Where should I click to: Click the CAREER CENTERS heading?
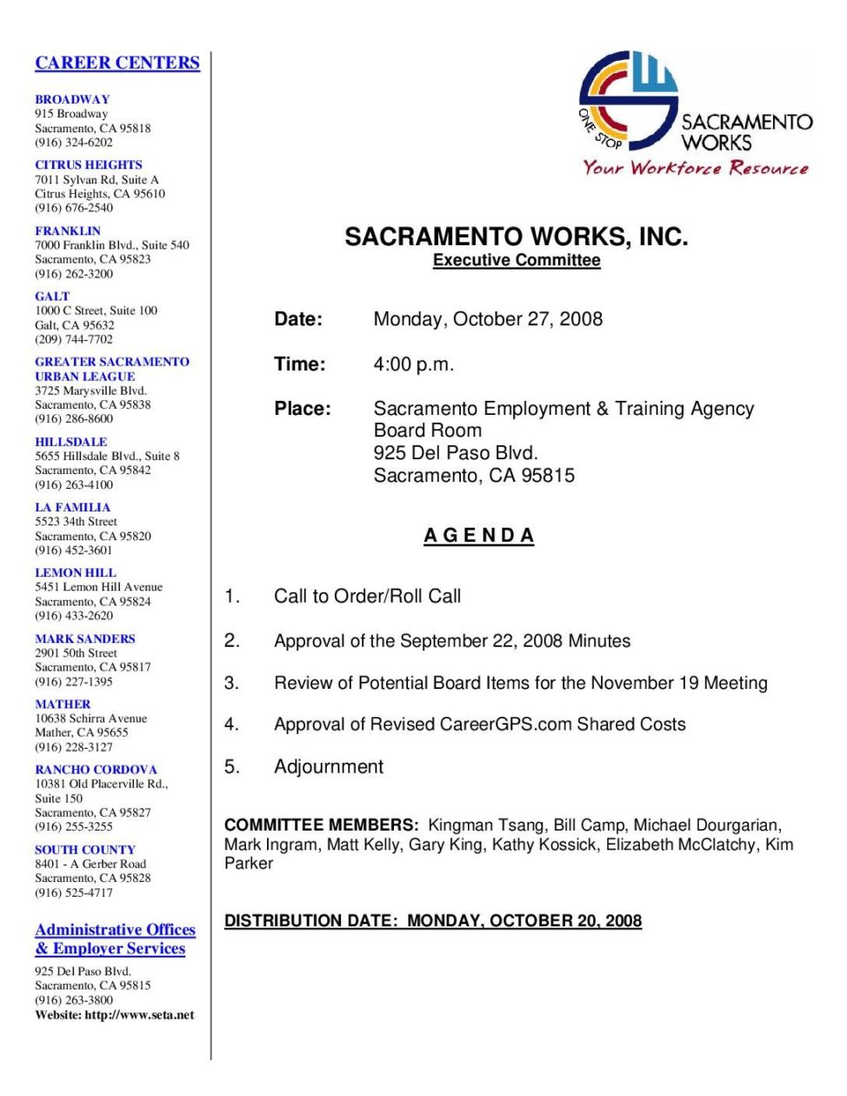pyautogui.click(x=117, y=63)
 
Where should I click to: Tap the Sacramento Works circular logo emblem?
pyautogui.click(x=628, y=100)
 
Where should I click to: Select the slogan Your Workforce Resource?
pyautogui.click(x=696, y=168)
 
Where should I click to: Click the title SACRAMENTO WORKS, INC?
pyautogui.click(x=516, y=237)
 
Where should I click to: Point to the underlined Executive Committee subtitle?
pyautogui.click(x=517, y=260)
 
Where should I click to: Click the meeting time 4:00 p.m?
pyautogui.click(x=414, y=364)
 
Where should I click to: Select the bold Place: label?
pyautogui.click(x=303, y=409)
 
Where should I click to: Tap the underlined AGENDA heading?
pyautogui.click(x=479, y=536)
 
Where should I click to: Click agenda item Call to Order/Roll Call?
pyautogui.click(x=367, y=597)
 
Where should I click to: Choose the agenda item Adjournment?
pyautogui.click(x=329, y=766)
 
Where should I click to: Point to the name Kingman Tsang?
pyautogui.click(x=485, y=825)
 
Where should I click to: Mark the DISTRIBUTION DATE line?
pyautogui.click(x=433, y=920)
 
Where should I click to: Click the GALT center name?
pyautogui.click(x=52, y=297)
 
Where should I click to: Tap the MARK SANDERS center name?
pyautogui.click(x=85, y=638)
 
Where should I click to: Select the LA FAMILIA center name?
pyautogui.click(x=73, y=507)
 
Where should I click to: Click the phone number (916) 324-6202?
pyautogui.click(x=74, y=143)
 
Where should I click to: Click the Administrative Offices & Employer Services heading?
pyautogui.click(x=115, y=939)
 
